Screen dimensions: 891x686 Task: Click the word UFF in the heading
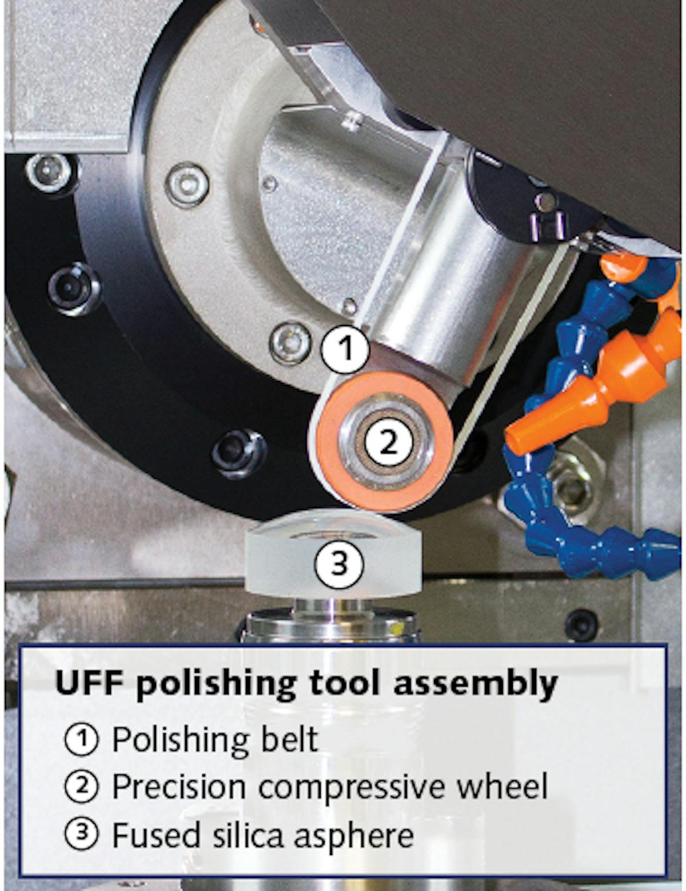(x=91, y=683)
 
